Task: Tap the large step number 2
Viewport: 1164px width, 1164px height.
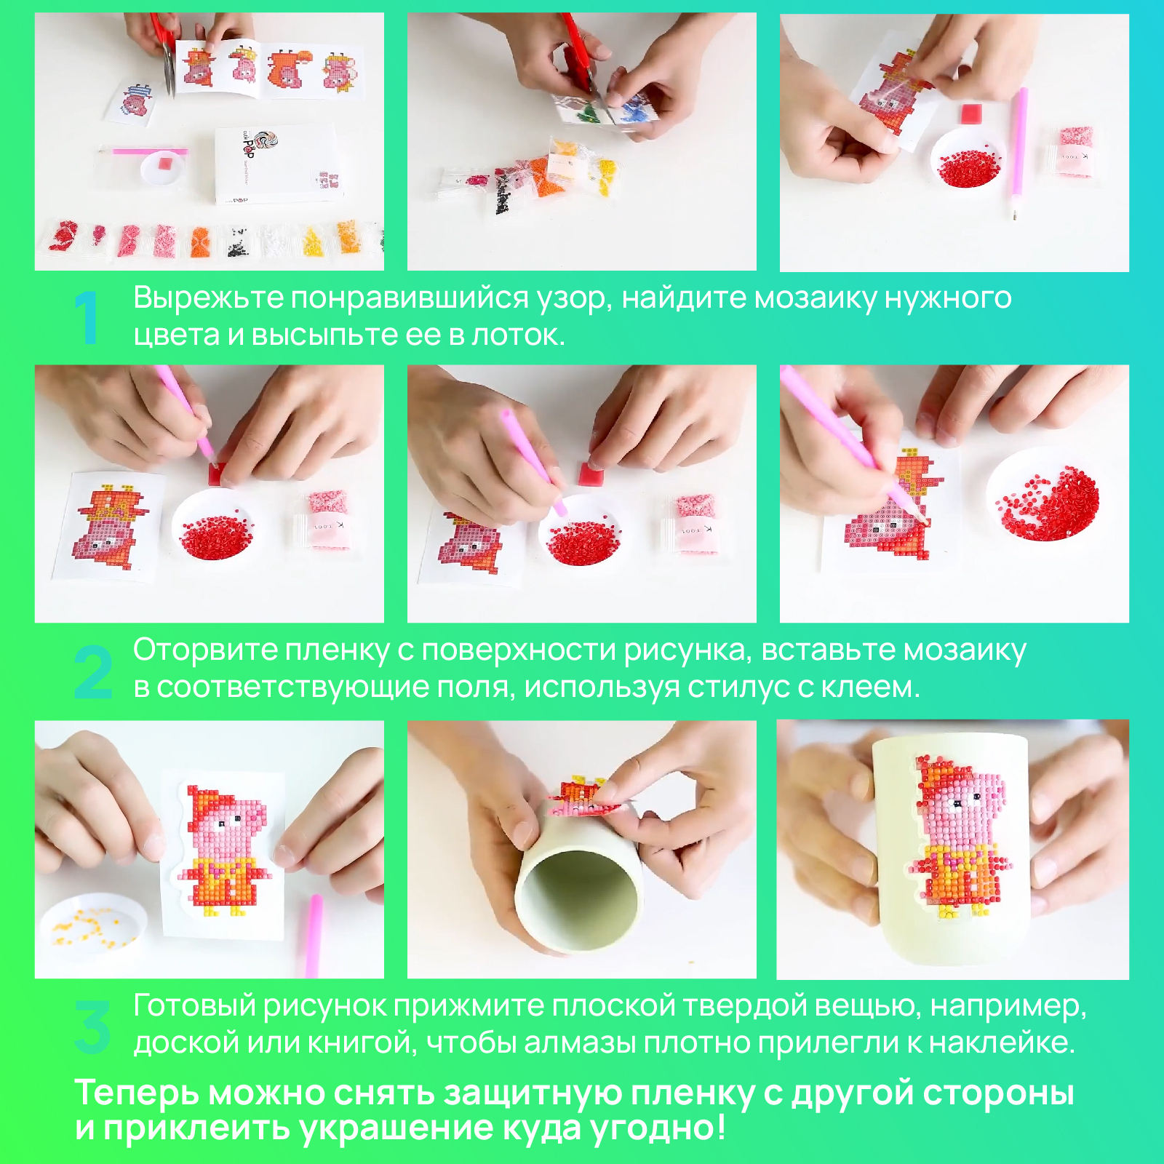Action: point(94,671)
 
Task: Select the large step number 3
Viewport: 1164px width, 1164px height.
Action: point(93,1027)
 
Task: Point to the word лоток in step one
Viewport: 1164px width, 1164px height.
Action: point(517,335)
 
